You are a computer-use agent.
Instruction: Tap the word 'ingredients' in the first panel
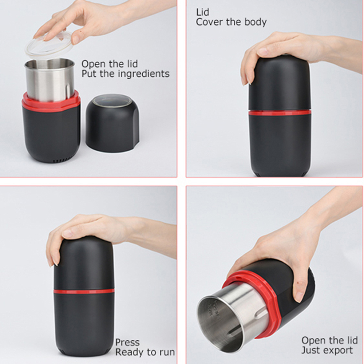point(144,74)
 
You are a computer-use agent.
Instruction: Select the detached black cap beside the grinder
point(112,123)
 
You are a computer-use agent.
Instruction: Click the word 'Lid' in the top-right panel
point(203,12)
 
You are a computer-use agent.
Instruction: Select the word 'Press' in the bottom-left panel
point(127,343)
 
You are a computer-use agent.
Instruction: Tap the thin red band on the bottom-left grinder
point(84,291)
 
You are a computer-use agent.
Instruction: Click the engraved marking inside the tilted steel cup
point(213,308)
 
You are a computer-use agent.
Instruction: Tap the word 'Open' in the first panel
point(92,64)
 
